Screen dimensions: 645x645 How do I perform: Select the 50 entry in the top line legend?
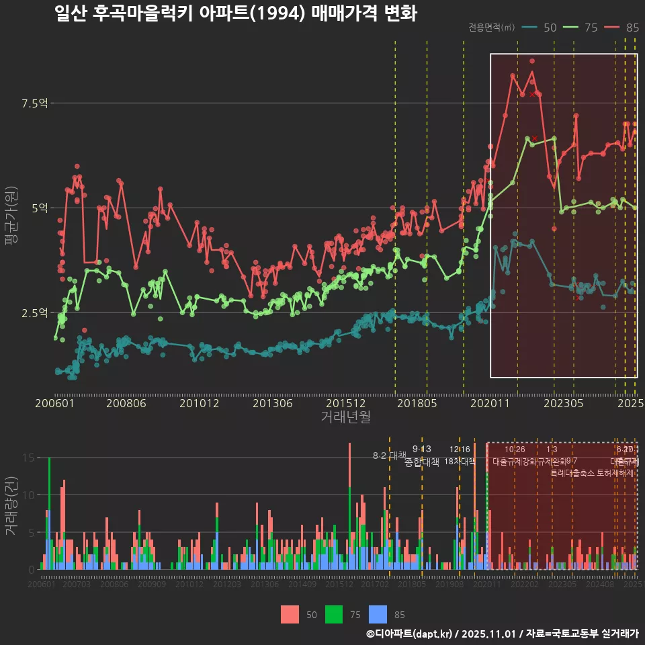[x=549, y=28]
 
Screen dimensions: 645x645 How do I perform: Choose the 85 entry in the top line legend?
[x=632, y=28]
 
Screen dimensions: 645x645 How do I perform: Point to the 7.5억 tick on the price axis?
[x=34, y=103]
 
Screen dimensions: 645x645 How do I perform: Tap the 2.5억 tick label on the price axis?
[x=34, y=312]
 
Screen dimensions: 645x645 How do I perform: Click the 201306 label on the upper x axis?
[x=271, y=403]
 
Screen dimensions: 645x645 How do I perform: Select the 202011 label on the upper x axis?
[x=490, y=403]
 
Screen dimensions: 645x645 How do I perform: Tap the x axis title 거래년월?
[x=345, y=417]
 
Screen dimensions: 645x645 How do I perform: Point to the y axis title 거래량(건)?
[x=11, y=505]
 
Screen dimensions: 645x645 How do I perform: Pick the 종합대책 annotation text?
[x=421, y=462]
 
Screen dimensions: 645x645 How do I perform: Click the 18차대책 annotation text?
[x=460, y=461]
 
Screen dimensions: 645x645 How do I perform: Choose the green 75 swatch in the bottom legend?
[x=334, y=614]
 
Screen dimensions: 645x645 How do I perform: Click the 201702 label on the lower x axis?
[x=375, y=585]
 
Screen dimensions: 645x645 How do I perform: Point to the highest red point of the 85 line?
[x=532, y=61]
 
